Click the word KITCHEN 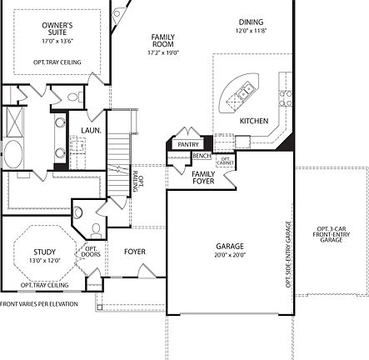point(254,121)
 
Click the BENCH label point(202,155)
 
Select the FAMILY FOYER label point(203,177)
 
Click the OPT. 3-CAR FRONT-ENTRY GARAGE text point(331,234)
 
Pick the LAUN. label point(91,130)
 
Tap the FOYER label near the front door point(135,252)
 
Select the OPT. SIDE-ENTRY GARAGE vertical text point(288,254)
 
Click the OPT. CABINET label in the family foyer point(225,160)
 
